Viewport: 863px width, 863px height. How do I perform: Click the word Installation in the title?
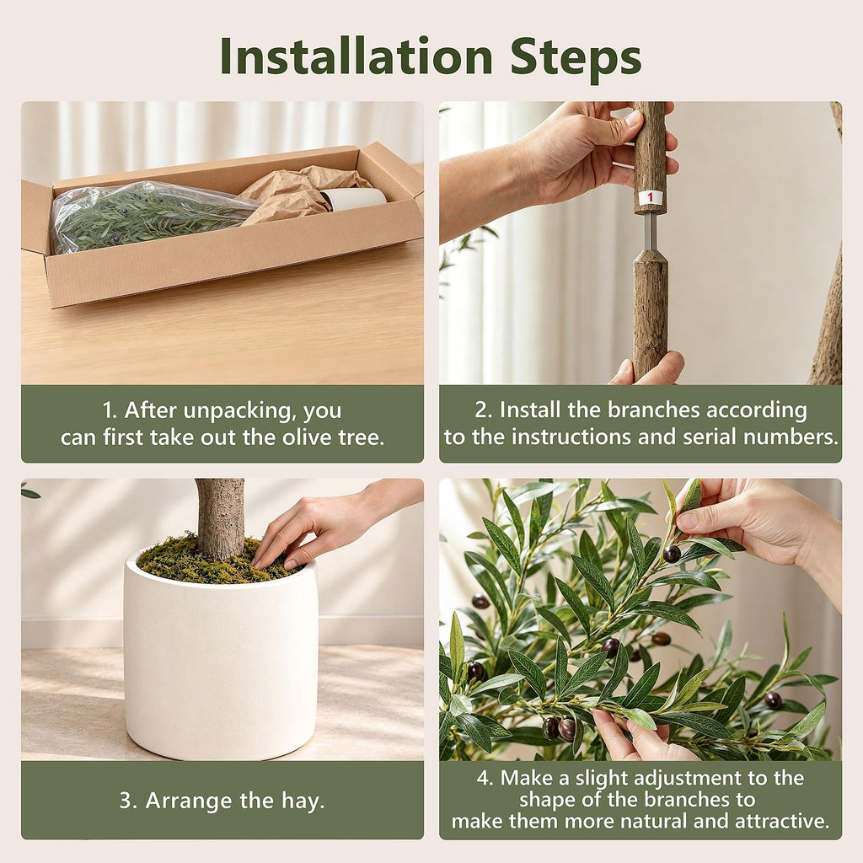(356, 56)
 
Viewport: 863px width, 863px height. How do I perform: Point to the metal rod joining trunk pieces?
(650, 231)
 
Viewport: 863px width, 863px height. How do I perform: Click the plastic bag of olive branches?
(148, 216)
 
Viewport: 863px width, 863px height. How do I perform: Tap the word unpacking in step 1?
(236, 411)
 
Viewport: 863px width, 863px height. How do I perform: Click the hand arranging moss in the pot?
(330, 522)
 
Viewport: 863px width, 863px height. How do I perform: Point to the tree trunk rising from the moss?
(220, 518)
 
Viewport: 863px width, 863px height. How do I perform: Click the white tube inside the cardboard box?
(354, 199)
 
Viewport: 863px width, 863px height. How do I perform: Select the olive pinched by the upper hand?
(672, 553)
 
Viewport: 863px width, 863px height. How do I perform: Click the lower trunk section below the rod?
(650, 314)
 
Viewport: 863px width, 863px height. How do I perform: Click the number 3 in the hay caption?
(126, 801)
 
